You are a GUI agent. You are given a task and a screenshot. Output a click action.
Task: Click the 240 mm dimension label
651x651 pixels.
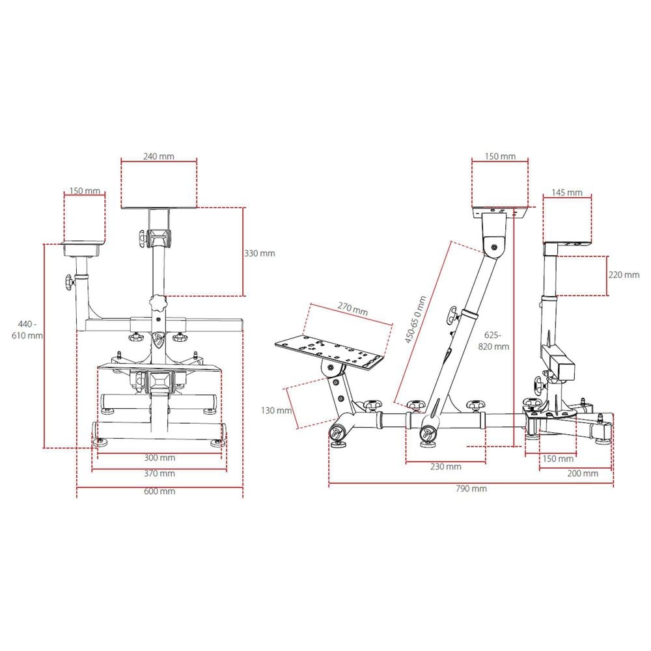[x=159, y=156]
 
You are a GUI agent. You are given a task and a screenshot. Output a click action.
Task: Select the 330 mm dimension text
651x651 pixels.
[x=260, y=253]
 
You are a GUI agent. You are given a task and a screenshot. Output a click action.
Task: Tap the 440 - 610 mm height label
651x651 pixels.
[x=27, y=329]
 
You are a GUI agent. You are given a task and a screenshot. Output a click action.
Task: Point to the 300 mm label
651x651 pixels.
[x=159, y=458]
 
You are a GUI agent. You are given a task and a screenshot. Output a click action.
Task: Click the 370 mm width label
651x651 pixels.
[x=159, y=473]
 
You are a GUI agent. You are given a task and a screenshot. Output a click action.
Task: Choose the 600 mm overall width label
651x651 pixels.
[x=159, y=491]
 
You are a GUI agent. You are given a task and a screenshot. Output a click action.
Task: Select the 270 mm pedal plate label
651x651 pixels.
[x=352, y=309]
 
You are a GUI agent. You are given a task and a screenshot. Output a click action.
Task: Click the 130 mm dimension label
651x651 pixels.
[x=277, y=411]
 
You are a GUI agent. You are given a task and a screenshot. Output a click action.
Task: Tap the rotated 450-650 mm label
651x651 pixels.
[x=415, y=319]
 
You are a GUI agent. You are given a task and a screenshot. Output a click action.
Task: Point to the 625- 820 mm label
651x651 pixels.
[x=493, y=341]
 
